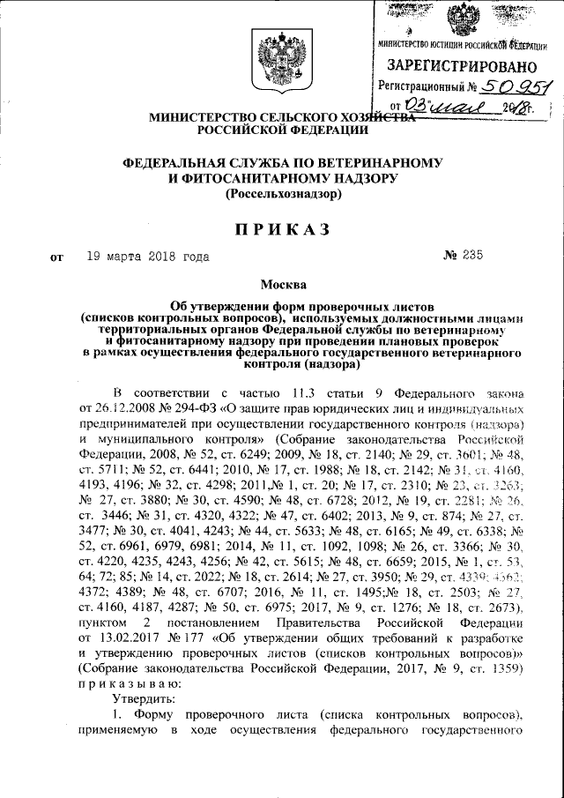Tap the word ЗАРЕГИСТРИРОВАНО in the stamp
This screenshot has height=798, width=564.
[x=462, y=66]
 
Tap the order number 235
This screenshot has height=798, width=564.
[x=472, y=257]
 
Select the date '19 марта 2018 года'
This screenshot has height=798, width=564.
[x=147, y=257]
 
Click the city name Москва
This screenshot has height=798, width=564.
[x=284, y=285]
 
